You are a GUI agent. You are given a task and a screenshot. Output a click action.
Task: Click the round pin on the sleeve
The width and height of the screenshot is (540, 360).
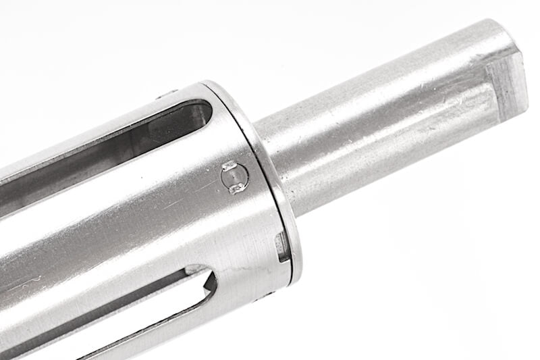(x=235, y=177)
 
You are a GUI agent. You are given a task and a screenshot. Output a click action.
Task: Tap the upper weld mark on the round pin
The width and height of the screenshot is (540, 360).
(x=230, y=165)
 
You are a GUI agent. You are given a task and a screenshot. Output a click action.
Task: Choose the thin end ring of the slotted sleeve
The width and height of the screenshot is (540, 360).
(x=277, y=182)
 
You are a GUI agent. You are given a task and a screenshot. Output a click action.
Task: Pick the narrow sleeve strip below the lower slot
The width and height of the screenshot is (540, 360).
(x=169, y=331)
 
